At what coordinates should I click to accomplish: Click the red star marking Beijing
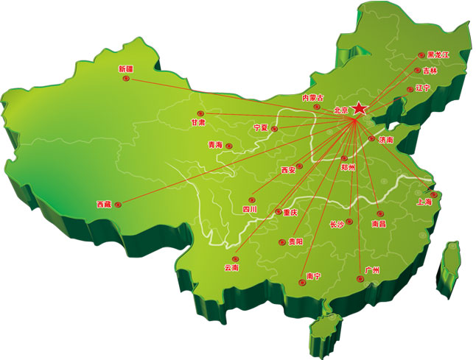click(359, 109)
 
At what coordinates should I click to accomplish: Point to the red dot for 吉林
click(417, 71)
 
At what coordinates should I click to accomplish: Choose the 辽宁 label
click(422, 88)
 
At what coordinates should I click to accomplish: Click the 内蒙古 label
click(312, 97)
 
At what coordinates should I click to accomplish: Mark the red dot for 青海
click(229, 145)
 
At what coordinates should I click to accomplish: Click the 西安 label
click(287, 170)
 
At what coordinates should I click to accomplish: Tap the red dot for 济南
click(371, 138)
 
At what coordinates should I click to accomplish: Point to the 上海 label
click(424, 201)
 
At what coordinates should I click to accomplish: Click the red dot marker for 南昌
click(380, 213)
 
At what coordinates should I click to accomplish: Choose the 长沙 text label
click(337, 224)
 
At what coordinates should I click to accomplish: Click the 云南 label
click(231, 268)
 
